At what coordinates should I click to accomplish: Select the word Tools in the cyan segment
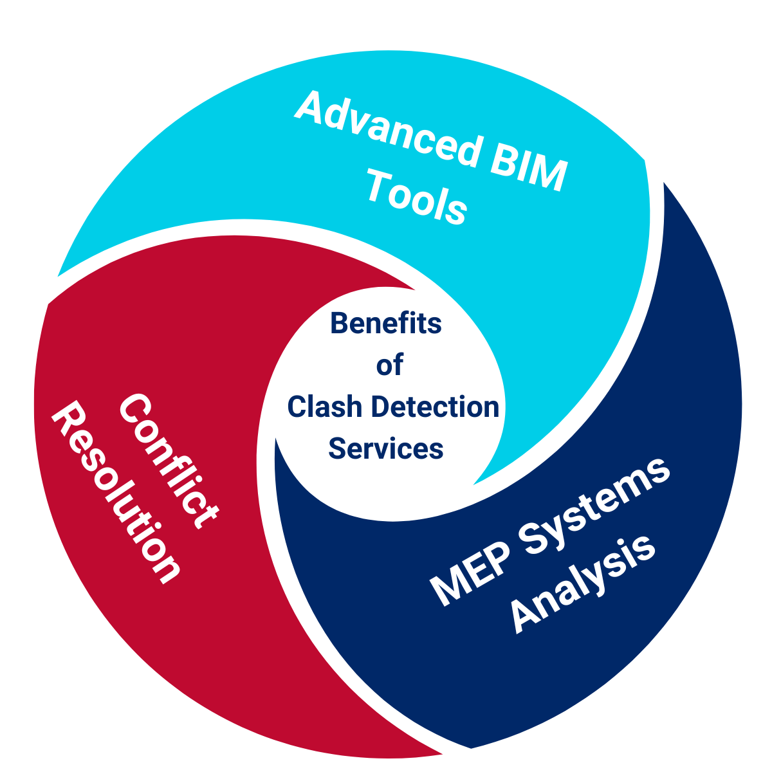click(416, 199)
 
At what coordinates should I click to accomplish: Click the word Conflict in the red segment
click(169, 461)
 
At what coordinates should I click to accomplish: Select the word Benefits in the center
click(385, 323)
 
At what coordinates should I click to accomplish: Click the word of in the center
click(389, 365)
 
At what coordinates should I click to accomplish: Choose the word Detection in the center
click(436, 407)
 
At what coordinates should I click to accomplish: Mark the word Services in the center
click(385, 448)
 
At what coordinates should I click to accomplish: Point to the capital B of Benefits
click(339, 323)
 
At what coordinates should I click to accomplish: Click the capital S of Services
click(336, 448)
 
